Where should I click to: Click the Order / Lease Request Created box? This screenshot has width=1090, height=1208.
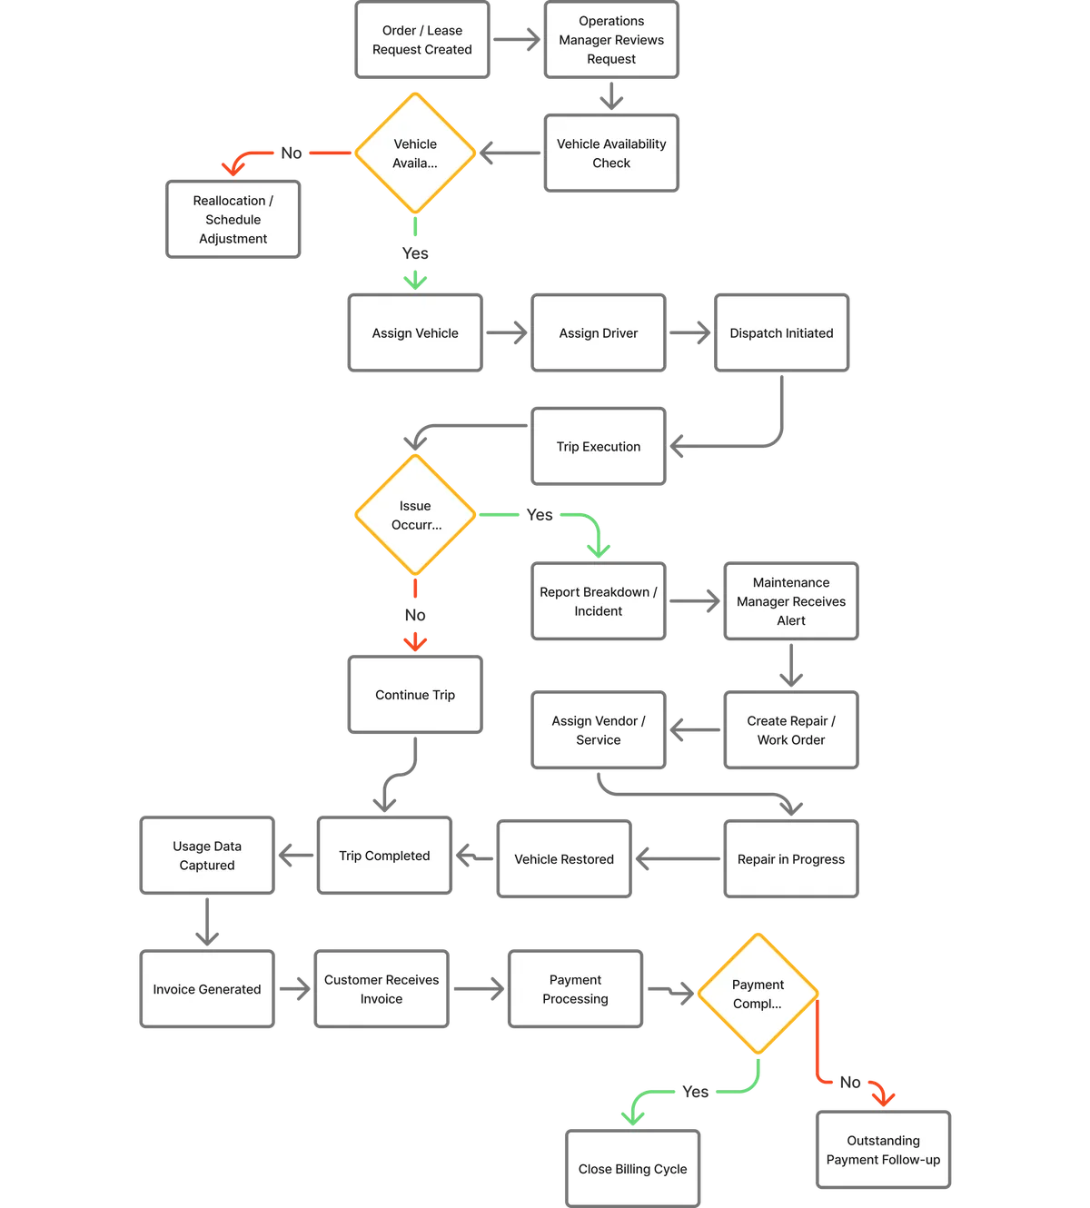pyautogui.click(x=421, y=41)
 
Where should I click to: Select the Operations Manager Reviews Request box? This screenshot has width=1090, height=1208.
pyautogui.click(x=610, y=41)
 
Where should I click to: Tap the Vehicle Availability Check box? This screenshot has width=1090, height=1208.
pyautogui.click(x=610, y=153)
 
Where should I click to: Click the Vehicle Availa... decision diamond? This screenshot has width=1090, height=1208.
pyautogui.click(x=415, y=153)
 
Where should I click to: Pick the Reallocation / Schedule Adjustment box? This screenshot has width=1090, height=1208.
pyautogui.click(x=233, y=220)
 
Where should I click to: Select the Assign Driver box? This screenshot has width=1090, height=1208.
pyautogui.click(x=599, y=333)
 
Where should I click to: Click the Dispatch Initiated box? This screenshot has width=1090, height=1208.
pyautogui.click(x=781, y=333)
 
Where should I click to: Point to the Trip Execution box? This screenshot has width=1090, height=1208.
pyautogui.click(x=599, y=447)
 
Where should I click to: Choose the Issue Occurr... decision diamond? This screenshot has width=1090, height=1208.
pyautogui.click(x=415, y=515)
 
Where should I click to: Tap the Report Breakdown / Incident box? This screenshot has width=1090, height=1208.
pyautogui.click(x=599, y=601)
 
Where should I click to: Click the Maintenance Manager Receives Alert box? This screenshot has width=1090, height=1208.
pyautogui.click(x=790, y=601)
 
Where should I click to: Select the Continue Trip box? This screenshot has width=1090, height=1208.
pyautogui.click(x=415, y=695)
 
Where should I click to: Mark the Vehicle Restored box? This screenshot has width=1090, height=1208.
pyautogui.click(x=564, y=859)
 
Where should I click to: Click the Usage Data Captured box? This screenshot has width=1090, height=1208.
pyautogui.click(x=207, y=856)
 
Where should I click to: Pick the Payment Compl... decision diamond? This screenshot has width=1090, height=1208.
pyautogui.click(x=758, y=994)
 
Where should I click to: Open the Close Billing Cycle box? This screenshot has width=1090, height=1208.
pyautogui.click(x=632, y=1169)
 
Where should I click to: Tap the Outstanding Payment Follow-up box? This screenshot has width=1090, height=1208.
pyautogui.click(x=883, y=1150)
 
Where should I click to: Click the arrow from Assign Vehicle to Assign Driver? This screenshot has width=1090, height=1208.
pyautogui.click(x=508, y=334)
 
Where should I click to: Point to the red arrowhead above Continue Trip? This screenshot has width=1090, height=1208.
pyautogui.click(x=415, y=641)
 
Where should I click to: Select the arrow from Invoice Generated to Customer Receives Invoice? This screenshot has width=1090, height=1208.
pyautogui.click(x=294, y=989)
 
